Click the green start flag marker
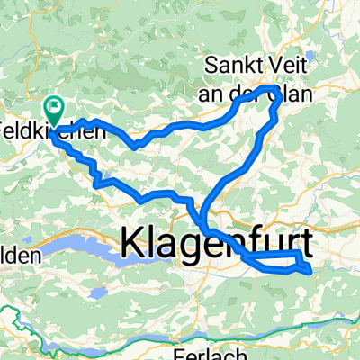[55, 110]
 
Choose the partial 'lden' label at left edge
[20, 256]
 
